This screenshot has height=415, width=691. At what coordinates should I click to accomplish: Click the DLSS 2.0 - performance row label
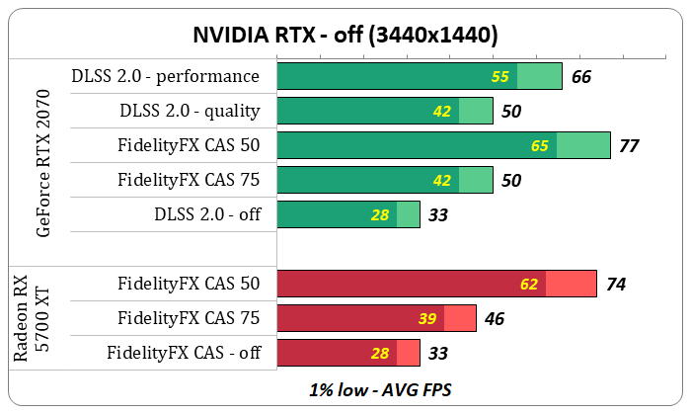tap(166, 76)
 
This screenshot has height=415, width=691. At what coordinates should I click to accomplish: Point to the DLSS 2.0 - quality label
tap(190, 111)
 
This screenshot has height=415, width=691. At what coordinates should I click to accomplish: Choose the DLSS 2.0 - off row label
tap(207, 214)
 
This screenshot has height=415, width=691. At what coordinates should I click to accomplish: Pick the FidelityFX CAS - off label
tap(184, 352)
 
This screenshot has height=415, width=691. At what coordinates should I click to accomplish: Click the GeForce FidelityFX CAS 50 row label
tap(189, 146)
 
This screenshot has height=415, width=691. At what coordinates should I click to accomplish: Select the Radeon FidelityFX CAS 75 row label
tap(189, 317)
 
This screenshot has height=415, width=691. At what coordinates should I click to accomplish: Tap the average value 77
tap(629, 146)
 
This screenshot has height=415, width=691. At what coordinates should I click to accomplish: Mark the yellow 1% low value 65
tap(540, 146)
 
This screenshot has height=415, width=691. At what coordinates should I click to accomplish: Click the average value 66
tap(581, 76)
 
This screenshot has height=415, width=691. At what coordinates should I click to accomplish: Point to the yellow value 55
tap(500, 76)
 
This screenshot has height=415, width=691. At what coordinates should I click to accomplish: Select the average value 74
tap(616, 285)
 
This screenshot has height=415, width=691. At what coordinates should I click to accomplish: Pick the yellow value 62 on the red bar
tap(529, 285)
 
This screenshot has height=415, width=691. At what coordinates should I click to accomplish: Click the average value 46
tap(496, 318)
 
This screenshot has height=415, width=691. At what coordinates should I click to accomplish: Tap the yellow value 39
tap(427, 318)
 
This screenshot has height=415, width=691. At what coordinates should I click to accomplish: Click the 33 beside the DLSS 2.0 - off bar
tap(439, 214)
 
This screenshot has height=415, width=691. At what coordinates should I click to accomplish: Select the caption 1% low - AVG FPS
tap(345, 389)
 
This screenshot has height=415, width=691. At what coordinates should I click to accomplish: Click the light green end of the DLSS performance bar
tap(539, 76)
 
